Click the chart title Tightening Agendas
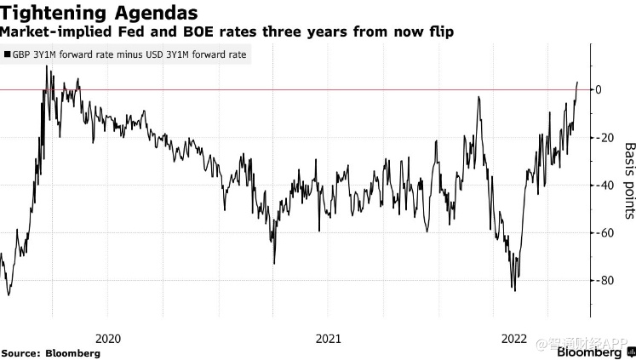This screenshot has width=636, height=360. click(100, 13)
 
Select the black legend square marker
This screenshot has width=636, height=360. click(8, 54)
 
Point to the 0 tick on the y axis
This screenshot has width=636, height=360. click(599, 89)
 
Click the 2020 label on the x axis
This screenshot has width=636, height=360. click(109, 338)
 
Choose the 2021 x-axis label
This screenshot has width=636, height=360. click(329, 338)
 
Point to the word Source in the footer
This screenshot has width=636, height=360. click(20, 352)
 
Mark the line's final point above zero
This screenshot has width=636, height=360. click(577, 83)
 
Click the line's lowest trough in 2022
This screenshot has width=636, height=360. click(514, 291)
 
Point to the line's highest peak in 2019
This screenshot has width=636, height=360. click(47, 66)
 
